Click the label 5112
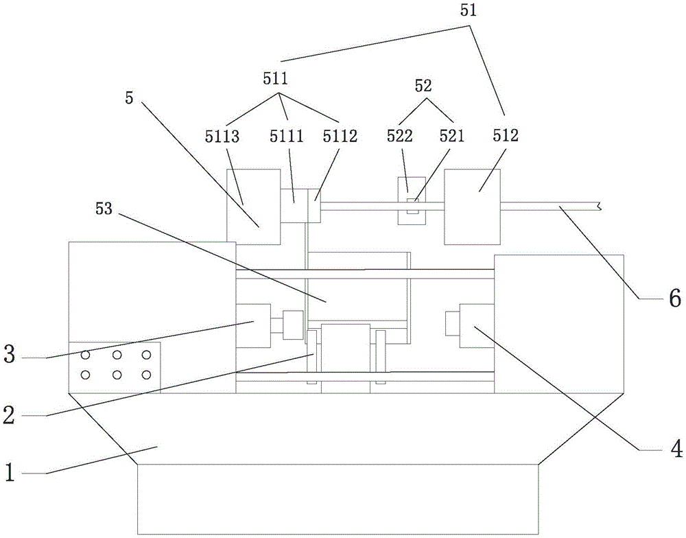pyautogui.click(x=340, y=136)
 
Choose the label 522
pyautogui.click(x=399, y=136)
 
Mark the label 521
pyautogui.click(x=451, y=136)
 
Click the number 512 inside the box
pyautogui.click(x=504, y=136)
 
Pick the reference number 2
pyautogui.click(x=9, y=414)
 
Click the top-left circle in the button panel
pyautogui.click(x=86, y=355)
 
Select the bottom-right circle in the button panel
pyautogui.click(x=146, y=375)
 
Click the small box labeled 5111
pyautogui.click(x=293, y=205)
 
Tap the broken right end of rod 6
pyautogui.click(x=600, y=205)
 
